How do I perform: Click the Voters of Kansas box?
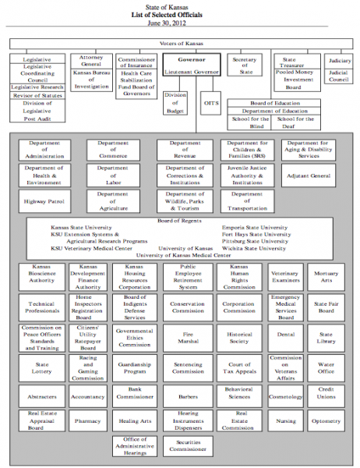click(180, 44)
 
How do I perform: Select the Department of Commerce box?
click(113, 149)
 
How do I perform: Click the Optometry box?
click(326, 421)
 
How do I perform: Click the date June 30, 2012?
click(179, 24)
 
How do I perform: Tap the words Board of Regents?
click(179, 221)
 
